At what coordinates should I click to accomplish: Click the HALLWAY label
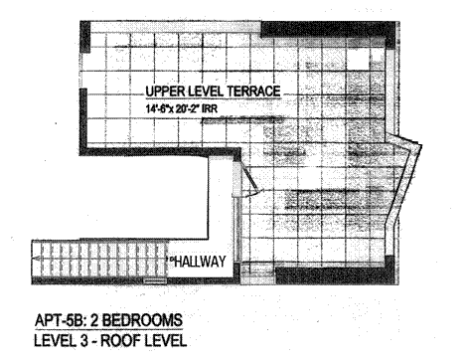coord(200,262)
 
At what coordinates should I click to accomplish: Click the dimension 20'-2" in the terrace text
coord(189,108)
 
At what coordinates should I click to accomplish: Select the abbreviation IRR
coord(211,108)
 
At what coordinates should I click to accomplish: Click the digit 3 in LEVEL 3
coord(81,341)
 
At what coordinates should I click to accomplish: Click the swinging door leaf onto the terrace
coord(249,178)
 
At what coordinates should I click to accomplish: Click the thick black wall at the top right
coord(328,31)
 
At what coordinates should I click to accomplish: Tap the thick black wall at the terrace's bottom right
coord(336,273)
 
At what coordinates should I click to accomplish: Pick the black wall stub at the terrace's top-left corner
coord(84,37)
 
